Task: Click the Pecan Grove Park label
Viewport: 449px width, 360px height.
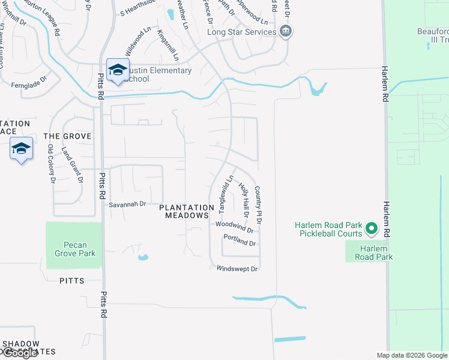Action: [75, 249]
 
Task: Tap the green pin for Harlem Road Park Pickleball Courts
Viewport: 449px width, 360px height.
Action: [372, 229]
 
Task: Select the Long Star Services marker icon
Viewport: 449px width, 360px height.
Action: [286, 31]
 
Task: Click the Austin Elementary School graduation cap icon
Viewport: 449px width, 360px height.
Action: [118, 70]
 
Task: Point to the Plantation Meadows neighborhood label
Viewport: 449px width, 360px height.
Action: [187, 211]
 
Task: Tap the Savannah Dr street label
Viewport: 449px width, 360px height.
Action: [127, 205]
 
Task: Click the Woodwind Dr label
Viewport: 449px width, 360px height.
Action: [234, 226]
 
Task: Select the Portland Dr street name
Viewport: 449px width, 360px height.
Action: [240, 240]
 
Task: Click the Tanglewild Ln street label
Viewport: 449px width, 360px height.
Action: [226, 194]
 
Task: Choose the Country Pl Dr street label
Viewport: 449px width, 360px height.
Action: [259, 205]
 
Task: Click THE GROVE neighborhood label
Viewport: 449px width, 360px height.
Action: [68, 136]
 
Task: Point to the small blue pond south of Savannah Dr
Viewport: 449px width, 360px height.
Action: [142, 257]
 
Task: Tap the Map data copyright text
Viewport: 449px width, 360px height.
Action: [411, 355]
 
